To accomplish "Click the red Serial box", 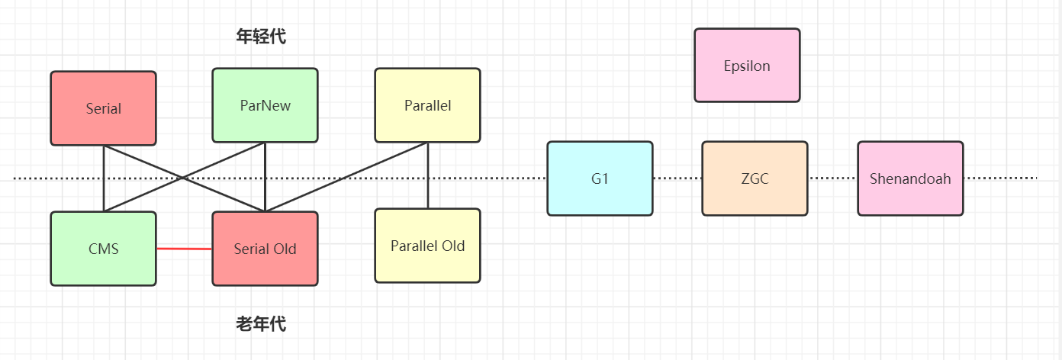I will pyautogui.click(x=103, y=108).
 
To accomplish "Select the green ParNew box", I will pyautogui.click(x=265, y=105).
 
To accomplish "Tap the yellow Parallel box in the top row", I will pyautogui.click(x=427, y=105).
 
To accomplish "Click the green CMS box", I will pyautogui.click(x=103, y=249).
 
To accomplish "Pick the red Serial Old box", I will pyautogui.click(x=265, y=249).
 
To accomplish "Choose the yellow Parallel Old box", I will pyautogui.click(x=427, y=246).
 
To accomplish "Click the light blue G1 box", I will pyautogui.click(x=600, y=178).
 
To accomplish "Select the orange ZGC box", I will pyautogui.click(x=755, y=178).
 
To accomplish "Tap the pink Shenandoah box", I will pyautogui.click(x=910, y=178).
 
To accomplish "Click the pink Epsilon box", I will pyautogui.click(x=747, y=66).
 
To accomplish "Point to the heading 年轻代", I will pyautogui.click(x=261, y=36).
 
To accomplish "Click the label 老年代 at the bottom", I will pyautogui.click(x=261, y=324).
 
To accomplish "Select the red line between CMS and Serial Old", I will pyautogui.click(x=184, y=249).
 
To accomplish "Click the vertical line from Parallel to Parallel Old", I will pyautogui.click(x=428, y=175).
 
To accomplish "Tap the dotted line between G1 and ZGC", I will pyautogui.click(x=677, y=178).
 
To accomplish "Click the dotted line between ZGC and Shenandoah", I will pyautogui.click(x=832, y=178).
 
